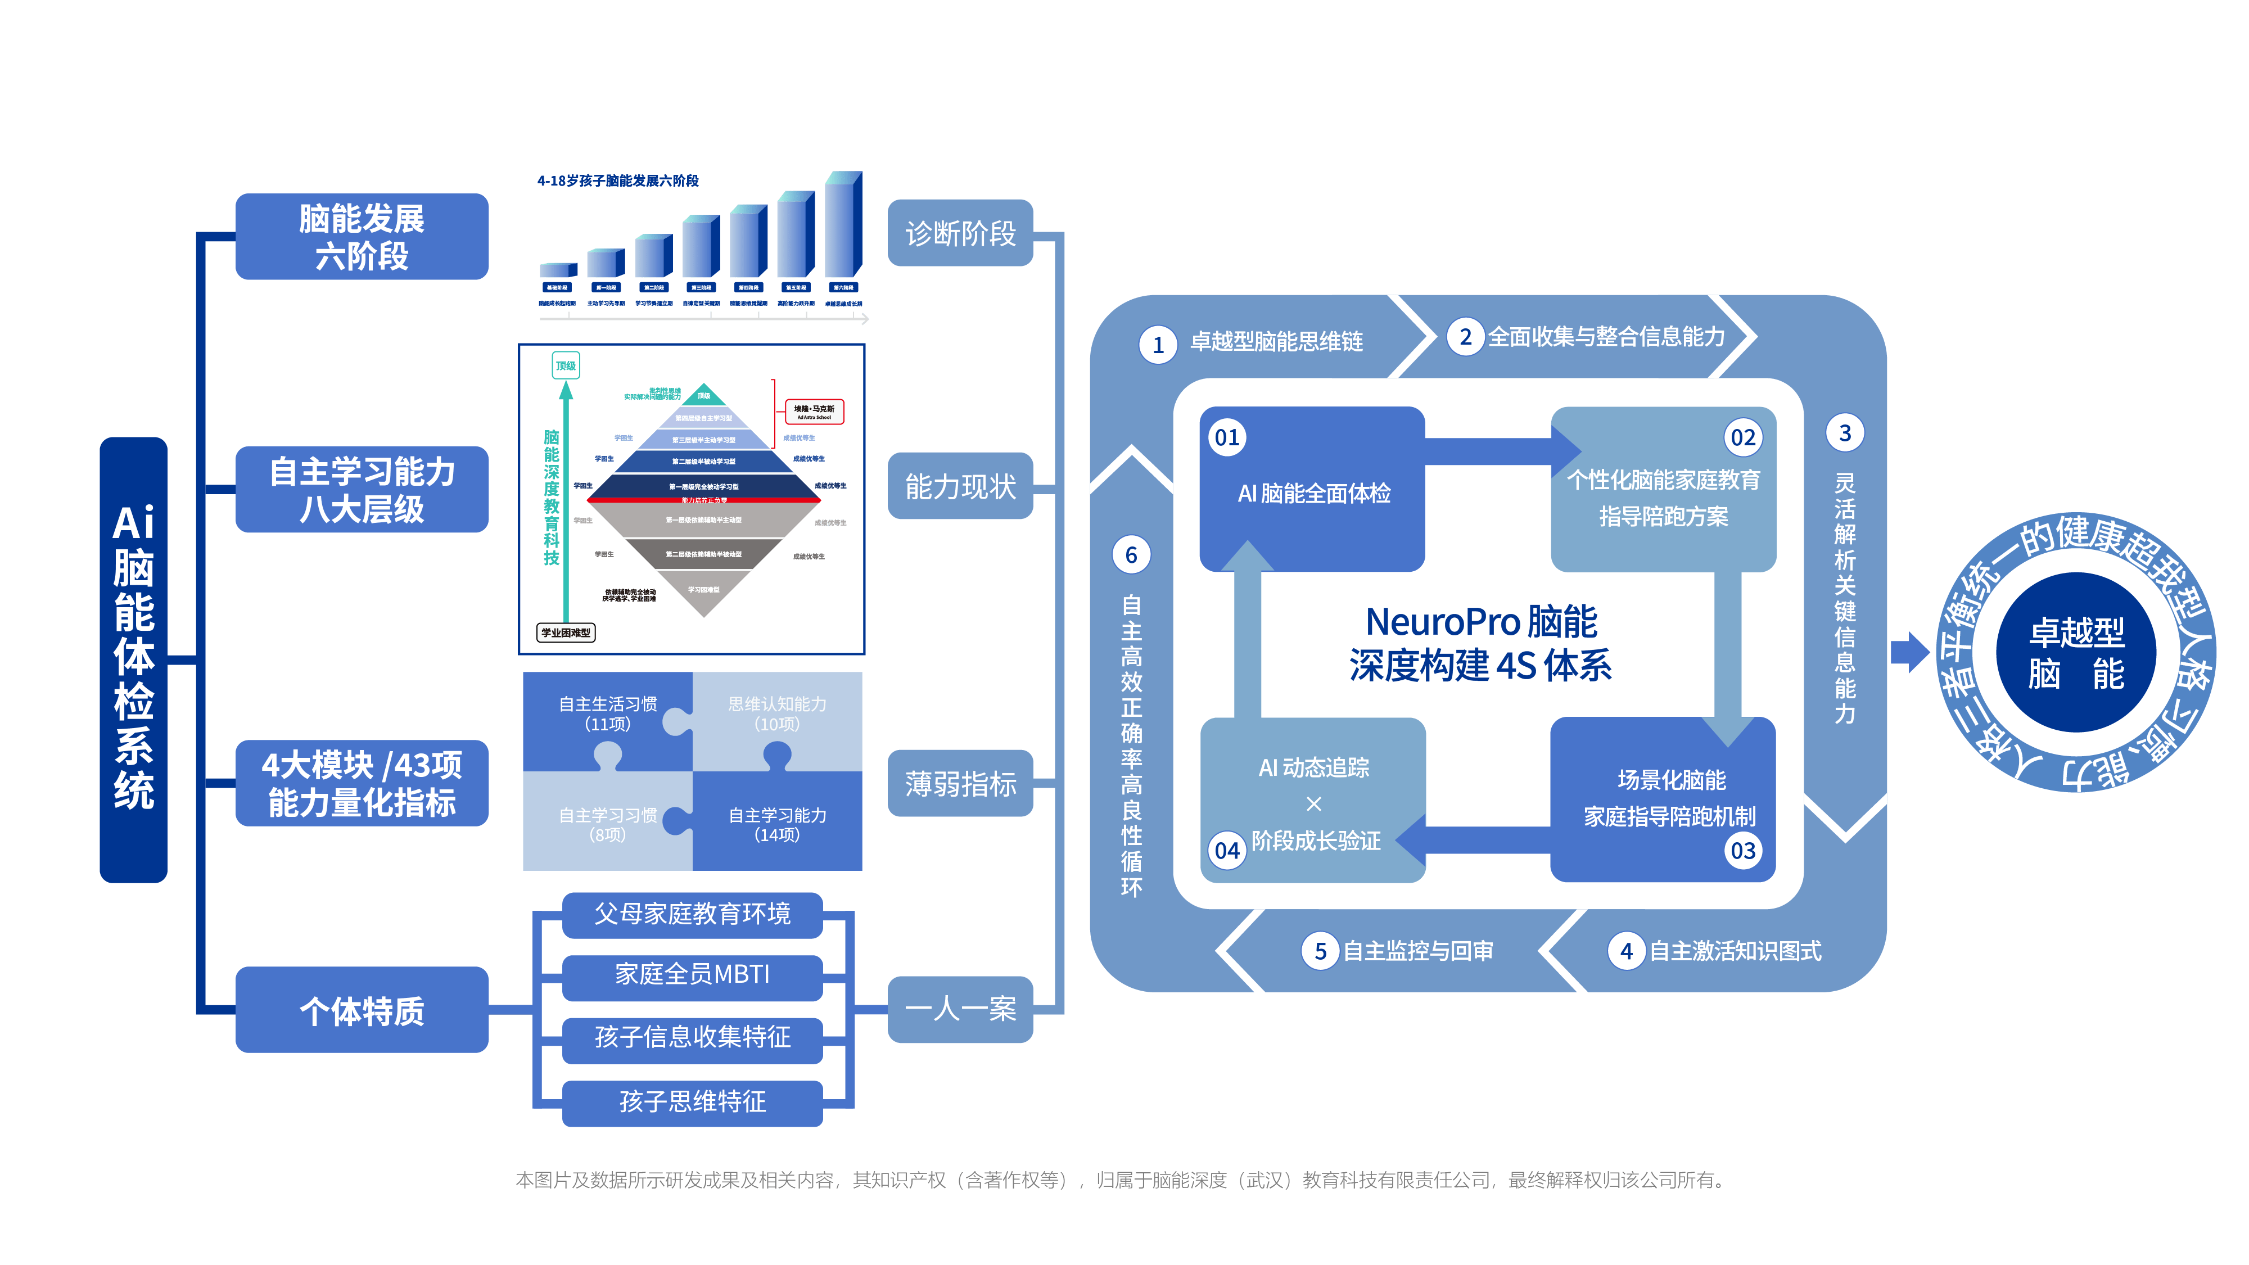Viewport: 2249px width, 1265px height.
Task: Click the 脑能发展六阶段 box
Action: (x=362, y=237)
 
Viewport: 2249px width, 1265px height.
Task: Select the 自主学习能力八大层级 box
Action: (x=362, y=490)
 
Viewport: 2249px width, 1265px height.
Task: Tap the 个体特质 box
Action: (x=362, y=1010)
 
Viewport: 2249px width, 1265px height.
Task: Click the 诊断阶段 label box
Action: (x=960, y=233)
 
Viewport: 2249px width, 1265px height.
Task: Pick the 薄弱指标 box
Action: (x=960, y=783)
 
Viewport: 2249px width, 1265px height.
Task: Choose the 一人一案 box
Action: (x=960, y=1009)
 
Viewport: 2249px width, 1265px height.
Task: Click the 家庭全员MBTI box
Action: (x=692, y=974)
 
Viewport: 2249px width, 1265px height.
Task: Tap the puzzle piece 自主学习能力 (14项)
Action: (x=777, y=824)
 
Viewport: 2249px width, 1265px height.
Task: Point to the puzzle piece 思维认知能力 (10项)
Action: (x=777, y=713)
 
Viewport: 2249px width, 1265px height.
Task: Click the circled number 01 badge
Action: (x=1227, y=437)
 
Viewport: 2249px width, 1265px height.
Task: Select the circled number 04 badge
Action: (x=1227, y=850)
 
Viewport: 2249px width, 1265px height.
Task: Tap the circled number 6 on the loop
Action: (x=1131, y=555)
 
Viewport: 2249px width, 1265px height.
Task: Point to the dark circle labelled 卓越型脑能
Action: (x=2076, y=653)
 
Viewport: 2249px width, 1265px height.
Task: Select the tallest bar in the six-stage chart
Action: (x=842, y=227)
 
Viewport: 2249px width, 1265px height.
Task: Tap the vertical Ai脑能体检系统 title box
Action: (x=134, y=659)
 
